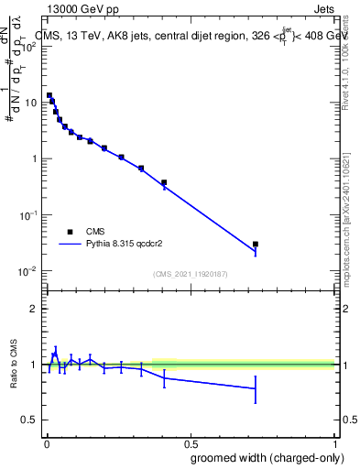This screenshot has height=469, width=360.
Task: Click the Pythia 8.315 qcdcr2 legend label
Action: pos(134,245)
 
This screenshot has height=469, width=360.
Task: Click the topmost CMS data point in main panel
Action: pos(49,95)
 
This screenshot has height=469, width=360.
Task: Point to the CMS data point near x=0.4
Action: pos(164,182)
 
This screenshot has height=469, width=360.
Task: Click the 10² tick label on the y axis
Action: pos(30,46)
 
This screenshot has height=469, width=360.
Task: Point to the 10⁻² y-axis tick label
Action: pos(29,271)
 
